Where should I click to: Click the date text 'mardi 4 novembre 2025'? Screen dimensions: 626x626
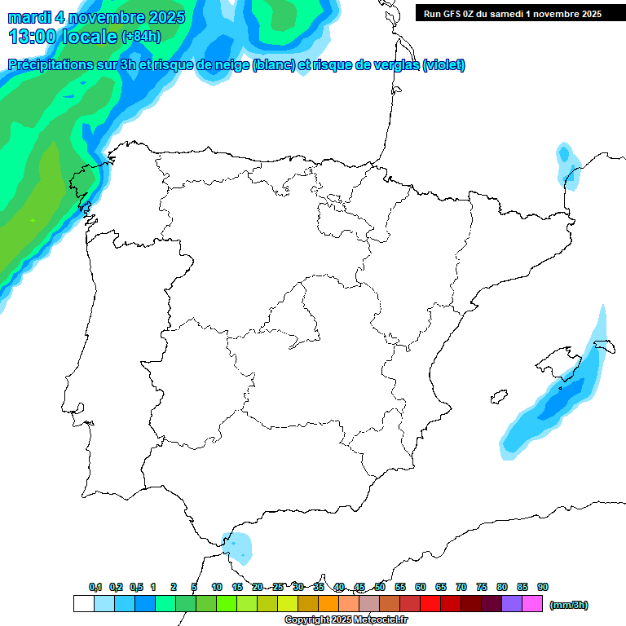[x=96, y=17]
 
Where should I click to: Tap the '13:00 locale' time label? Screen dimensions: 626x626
[x=63, y=36]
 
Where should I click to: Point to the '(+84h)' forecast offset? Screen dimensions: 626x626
[x=141, y=37]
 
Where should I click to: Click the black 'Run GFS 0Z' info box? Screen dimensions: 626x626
[x=512, y=13]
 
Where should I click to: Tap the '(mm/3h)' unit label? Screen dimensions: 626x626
[x=568, y=605]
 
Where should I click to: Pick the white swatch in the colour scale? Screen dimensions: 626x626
[x=83, y=604]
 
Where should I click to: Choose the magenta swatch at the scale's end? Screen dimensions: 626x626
[x=532, y=604]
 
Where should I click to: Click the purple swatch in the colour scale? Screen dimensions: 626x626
[x=512, y=604]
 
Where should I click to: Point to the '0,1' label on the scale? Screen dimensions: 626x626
[x=95, y=587]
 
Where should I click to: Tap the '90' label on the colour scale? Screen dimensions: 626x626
[x=543, y=587]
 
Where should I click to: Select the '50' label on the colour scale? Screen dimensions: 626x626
[x=380, y=587]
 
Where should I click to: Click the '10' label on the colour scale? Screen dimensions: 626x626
[x=217, y=587]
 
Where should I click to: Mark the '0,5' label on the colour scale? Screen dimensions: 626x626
[x=136, y=587]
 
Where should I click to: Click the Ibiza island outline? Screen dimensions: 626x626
[x=497, y=398]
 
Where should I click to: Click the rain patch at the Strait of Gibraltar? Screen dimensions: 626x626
[x=239, y=546]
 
